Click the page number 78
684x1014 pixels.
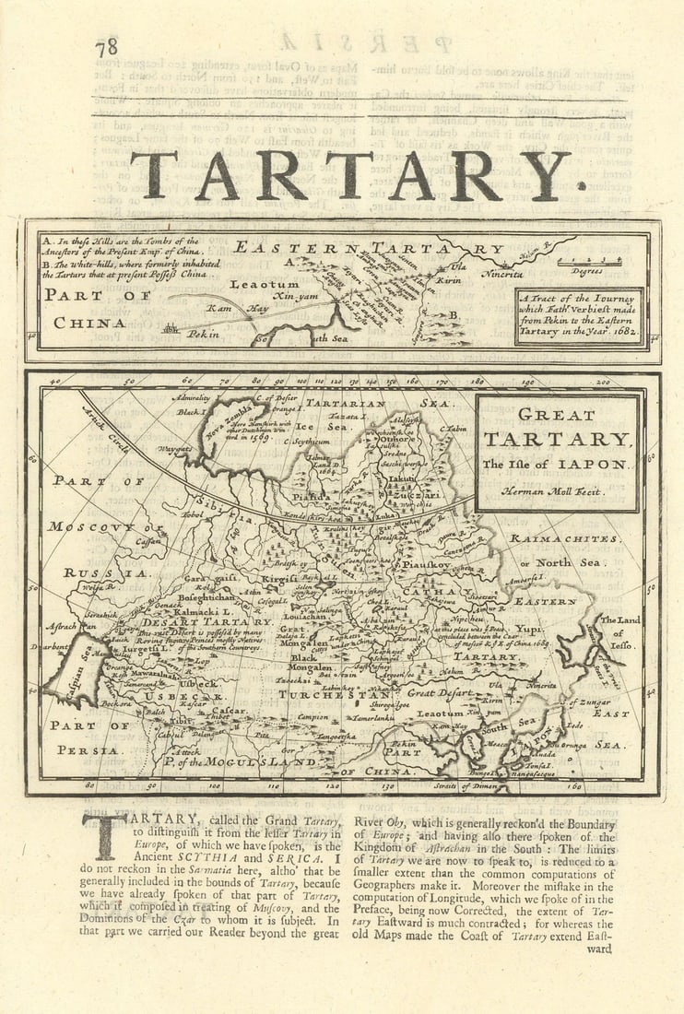[107, 47]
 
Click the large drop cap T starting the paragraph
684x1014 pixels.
[104, 835]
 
